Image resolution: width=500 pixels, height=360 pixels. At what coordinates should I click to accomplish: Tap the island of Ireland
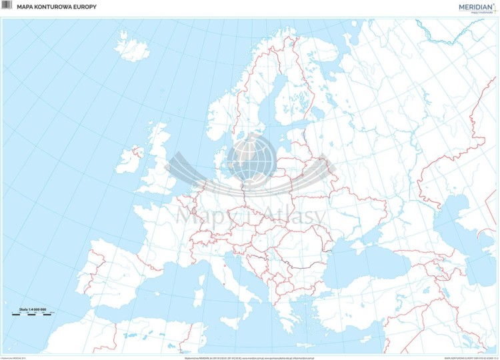(x=131, y=160)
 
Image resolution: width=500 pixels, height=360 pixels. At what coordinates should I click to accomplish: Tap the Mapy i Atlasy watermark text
(x=250, y=215)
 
